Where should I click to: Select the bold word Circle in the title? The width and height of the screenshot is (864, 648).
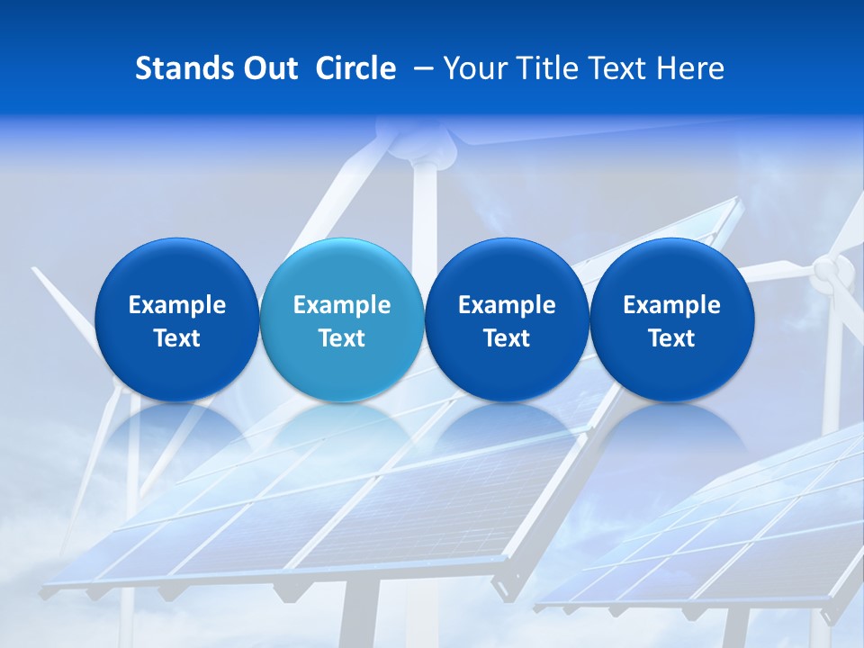355,68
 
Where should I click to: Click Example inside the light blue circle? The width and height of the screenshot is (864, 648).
342,305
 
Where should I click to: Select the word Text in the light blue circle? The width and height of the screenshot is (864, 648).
342,338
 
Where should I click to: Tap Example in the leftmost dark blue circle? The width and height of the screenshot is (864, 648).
177,305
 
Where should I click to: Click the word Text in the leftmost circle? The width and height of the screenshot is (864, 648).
177,338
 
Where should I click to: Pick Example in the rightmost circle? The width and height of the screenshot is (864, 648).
671,305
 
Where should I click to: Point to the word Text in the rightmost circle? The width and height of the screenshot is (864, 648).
671,338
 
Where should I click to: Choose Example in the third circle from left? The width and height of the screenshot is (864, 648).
507,305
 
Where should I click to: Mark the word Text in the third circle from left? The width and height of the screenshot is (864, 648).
507,338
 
